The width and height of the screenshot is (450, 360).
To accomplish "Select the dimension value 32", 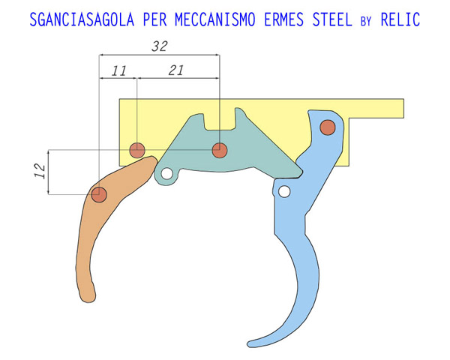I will (158, 46).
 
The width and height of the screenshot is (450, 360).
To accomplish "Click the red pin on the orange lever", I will (98, 195).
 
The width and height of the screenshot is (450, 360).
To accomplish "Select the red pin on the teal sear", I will (218, 150).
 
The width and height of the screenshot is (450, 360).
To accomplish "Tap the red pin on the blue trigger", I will (327, 127).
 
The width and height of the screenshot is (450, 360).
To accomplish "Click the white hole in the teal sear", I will (167, 176).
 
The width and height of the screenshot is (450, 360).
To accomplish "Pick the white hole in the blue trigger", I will (283, 191).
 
